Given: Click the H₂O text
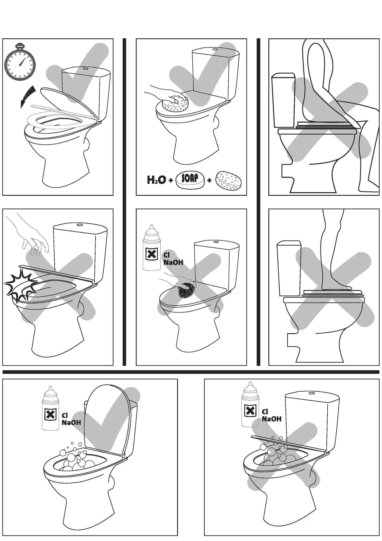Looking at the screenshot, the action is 156,180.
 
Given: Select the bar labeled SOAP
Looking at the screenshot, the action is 190,180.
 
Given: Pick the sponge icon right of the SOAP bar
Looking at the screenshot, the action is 228,180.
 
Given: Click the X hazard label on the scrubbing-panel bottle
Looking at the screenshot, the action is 151,254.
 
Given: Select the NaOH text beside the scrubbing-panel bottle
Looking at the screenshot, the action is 173,262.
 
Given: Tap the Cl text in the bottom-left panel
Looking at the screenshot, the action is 64,415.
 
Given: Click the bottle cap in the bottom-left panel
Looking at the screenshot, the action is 50,390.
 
